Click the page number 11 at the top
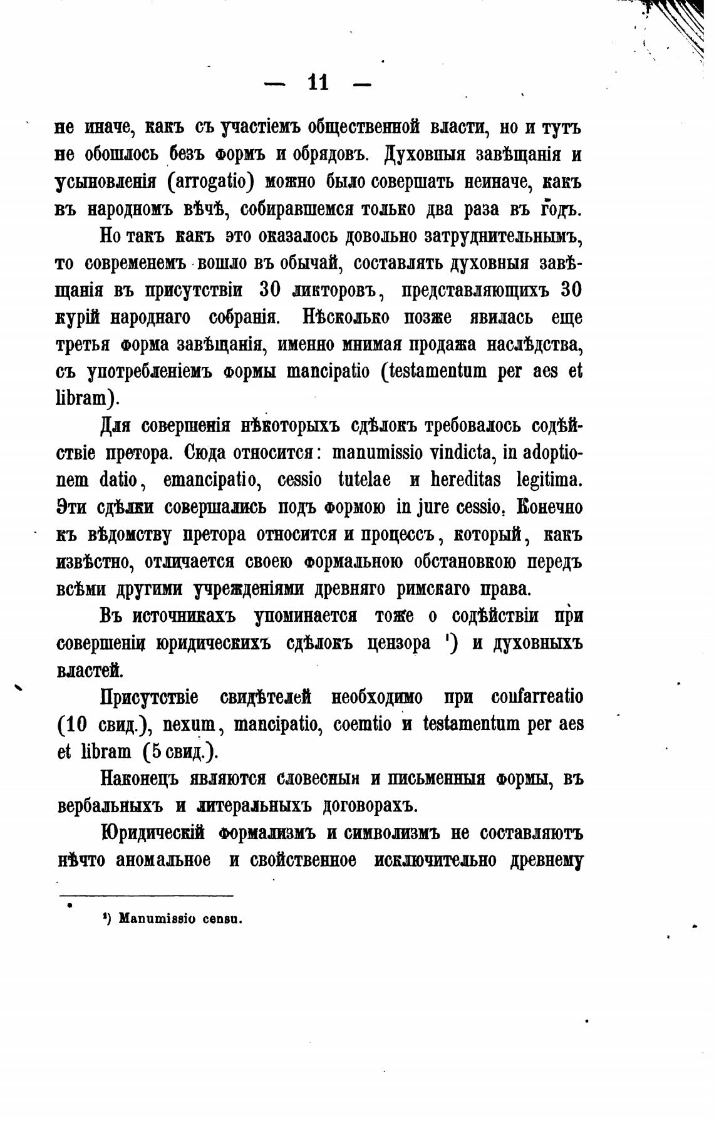pyautogui.click(x=318, y=83)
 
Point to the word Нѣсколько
pyautogui.click(x=344, y=317)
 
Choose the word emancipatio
pyautogui.click(x=204, y=480)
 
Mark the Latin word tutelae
pyautogui.click(x=364, y=480)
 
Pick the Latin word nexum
pyautogui.click(x=189, y=724)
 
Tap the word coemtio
pyautogui.click(x=363, y=724)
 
